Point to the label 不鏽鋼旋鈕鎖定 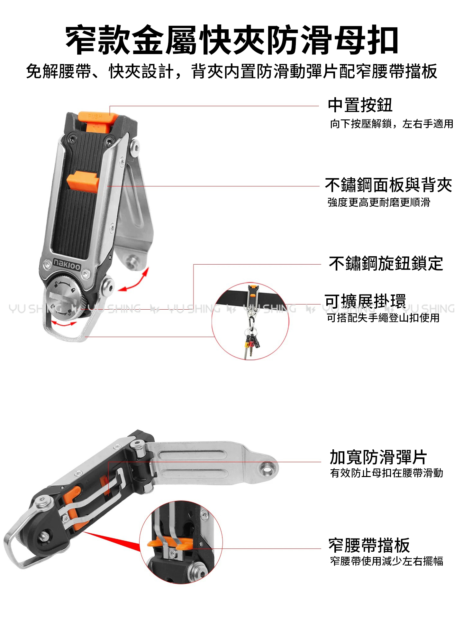(386, 263)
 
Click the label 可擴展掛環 (365, 301)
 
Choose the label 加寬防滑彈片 (378, 457)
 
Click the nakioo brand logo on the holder (67, 263)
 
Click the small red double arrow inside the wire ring (64, 323)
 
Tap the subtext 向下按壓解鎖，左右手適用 (392, 124)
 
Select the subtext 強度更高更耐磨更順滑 (379, 202)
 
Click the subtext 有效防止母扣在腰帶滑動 (386, 473)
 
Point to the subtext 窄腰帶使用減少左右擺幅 (386, 561)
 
